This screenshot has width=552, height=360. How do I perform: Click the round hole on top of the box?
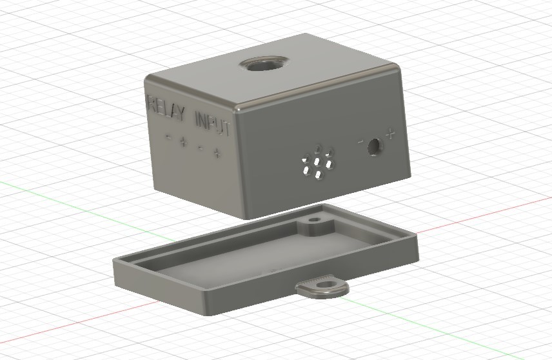[264, 65]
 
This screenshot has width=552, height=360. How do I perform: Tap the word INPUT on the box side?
[213, 124]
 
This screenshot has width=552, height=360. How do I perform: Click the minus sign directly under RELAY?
[168, 137]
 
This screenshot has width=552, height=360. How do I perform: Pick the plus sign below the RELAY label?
[183, 142]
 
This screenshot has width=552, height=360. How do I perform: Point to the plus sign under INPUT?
[217, 153]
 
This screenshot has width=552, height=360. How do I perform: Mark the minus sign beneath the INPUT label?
[200, 148]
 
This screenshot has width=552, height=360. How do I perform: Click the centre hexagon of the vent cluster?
[317, 162]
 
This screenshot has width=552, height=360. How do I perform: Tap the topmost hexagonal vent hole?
[319, 148]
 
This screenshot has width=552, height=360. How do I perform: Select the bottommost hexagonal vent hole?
[319, 174]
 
